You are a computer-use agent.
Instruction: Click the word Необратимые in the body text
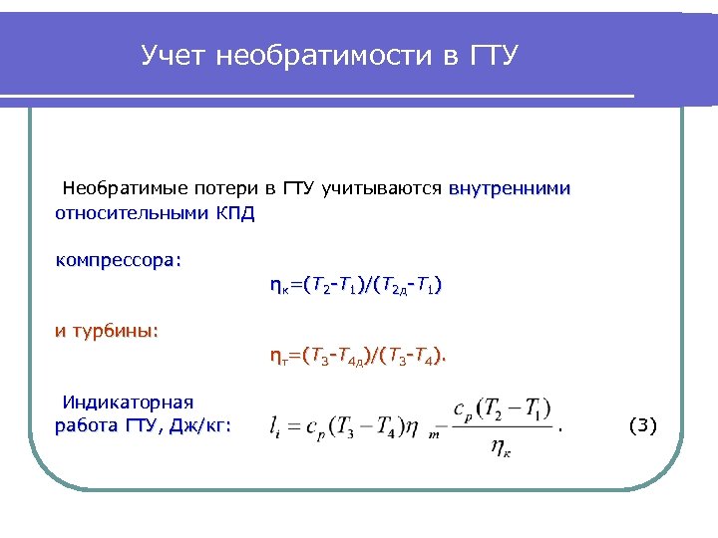click(x=120, y=188)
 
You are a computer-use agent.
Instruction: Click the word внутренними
click(x=510, y=188)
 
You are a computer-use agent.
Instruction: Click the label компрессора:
click(x=119, y=261)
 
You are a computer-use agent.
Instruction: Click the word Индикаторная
click(x=128, y=403)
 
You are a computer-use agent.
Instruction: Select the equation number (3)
click(x=643, y=426)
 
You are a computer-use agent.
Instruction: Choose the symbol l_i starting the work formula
click(x=276, y=427)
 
